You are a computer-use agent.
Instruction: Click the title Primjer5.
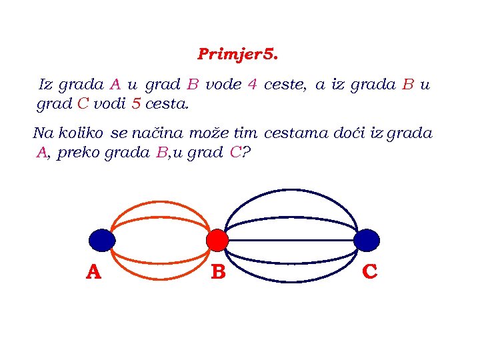pos(237,54)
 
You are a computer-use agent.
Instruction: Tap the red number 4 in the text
pos(252,85)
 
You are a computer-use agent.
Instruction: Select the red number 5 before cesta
pos(136,104)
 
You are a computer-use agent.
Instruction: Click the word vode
pos(223,85)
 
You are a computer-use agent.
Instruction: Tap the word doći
pos(350,133)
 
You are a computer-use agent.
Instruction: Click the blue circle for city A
pos(102,239)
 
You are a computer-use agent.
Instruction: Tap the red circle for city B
pos(217,240)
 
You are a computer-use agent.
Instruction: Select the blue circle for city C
pos(367,240)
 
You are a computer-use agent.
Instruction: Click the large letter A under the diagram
pos(94,272)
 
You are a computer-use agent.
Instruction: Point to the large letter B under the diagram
pos(218,273)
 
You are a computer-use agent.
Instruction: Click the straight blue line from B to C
pos(293,240)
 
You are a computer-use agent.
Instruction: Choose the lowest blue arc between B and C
pos(293,282)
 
